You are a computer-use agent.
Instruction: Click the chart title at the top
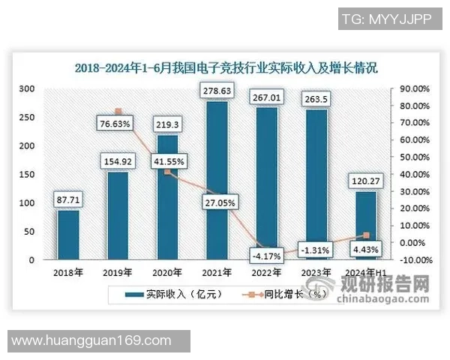pos(226,67)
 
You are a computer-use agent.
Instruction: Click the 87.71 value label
pos(68,200)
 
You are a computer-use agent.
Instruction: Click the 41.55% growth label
pos(168,160)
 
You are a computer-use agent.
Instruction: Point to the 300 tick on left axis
pos(28,88)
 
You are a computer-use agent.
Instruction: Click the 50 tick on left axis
pos(30,232)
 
